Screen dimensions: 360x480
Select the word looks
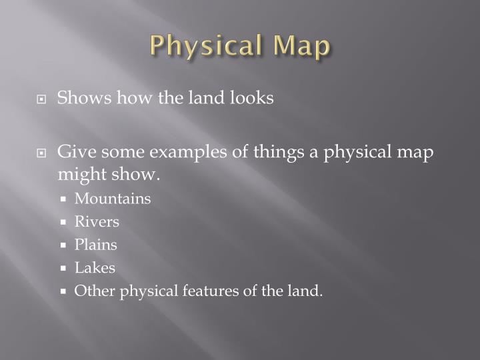[252, 98]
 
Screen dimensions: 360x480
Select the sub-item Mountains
[113, 199]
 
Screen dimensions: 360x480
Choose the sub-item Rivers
[97, 221]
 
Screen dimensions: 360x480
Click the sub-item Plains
[95, 245]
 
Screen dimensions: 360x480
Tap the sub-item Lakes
[95, 268]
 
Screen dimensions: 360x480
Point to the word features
[198, 291]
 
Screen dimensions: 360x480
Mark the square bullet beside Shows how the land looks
[41, 99]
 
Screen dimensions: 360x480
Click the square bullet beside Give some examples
[41, 153]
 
